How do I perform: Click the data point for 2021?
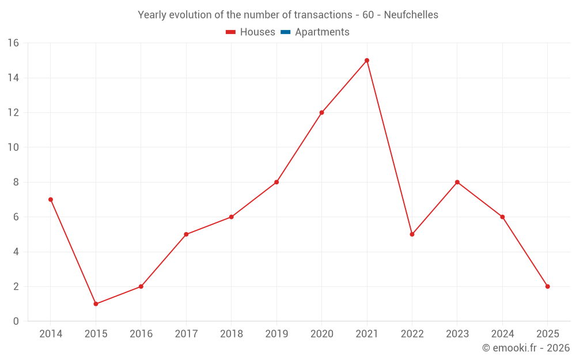click(x=367, y=60)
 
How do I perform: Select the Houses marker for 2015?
click(x=96, y=304)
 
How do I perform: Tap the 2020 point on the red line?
click(x=321, y=112)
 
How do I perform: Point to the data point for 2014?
click(x=51, y=199)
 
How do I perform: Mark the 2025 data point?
click(x=547, y=286)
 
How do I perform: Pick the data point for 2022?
click(x=412, y=234)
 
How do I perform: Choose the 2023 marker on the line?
click(x=457, y=182)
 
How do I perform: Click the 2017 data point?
click(x=186, y=234)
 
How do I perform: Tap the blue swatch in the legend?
click(x=285, y=32)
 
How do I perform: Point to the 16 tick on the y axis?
click(x=13, y=43)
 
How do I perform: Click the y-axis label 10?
click(x=13, y=147)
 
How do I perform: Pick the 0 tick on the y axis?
click(x=16, y=321)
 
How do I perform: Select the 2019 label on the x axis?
click(x=276, y=334)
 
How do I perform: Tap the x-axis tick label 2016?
click(x=141, y=334)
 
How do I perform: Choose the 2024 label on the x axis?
click(x=502, y=334)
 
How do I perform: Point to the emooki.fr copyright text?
click(x=526, y=348)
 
